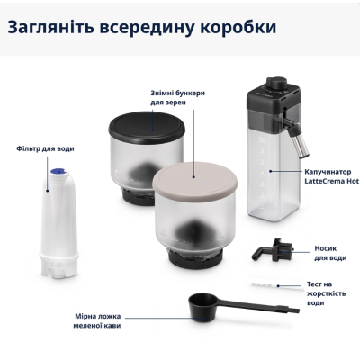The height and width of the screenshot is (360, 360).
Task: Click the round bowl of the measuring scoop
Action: click(x=202, y=305)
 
